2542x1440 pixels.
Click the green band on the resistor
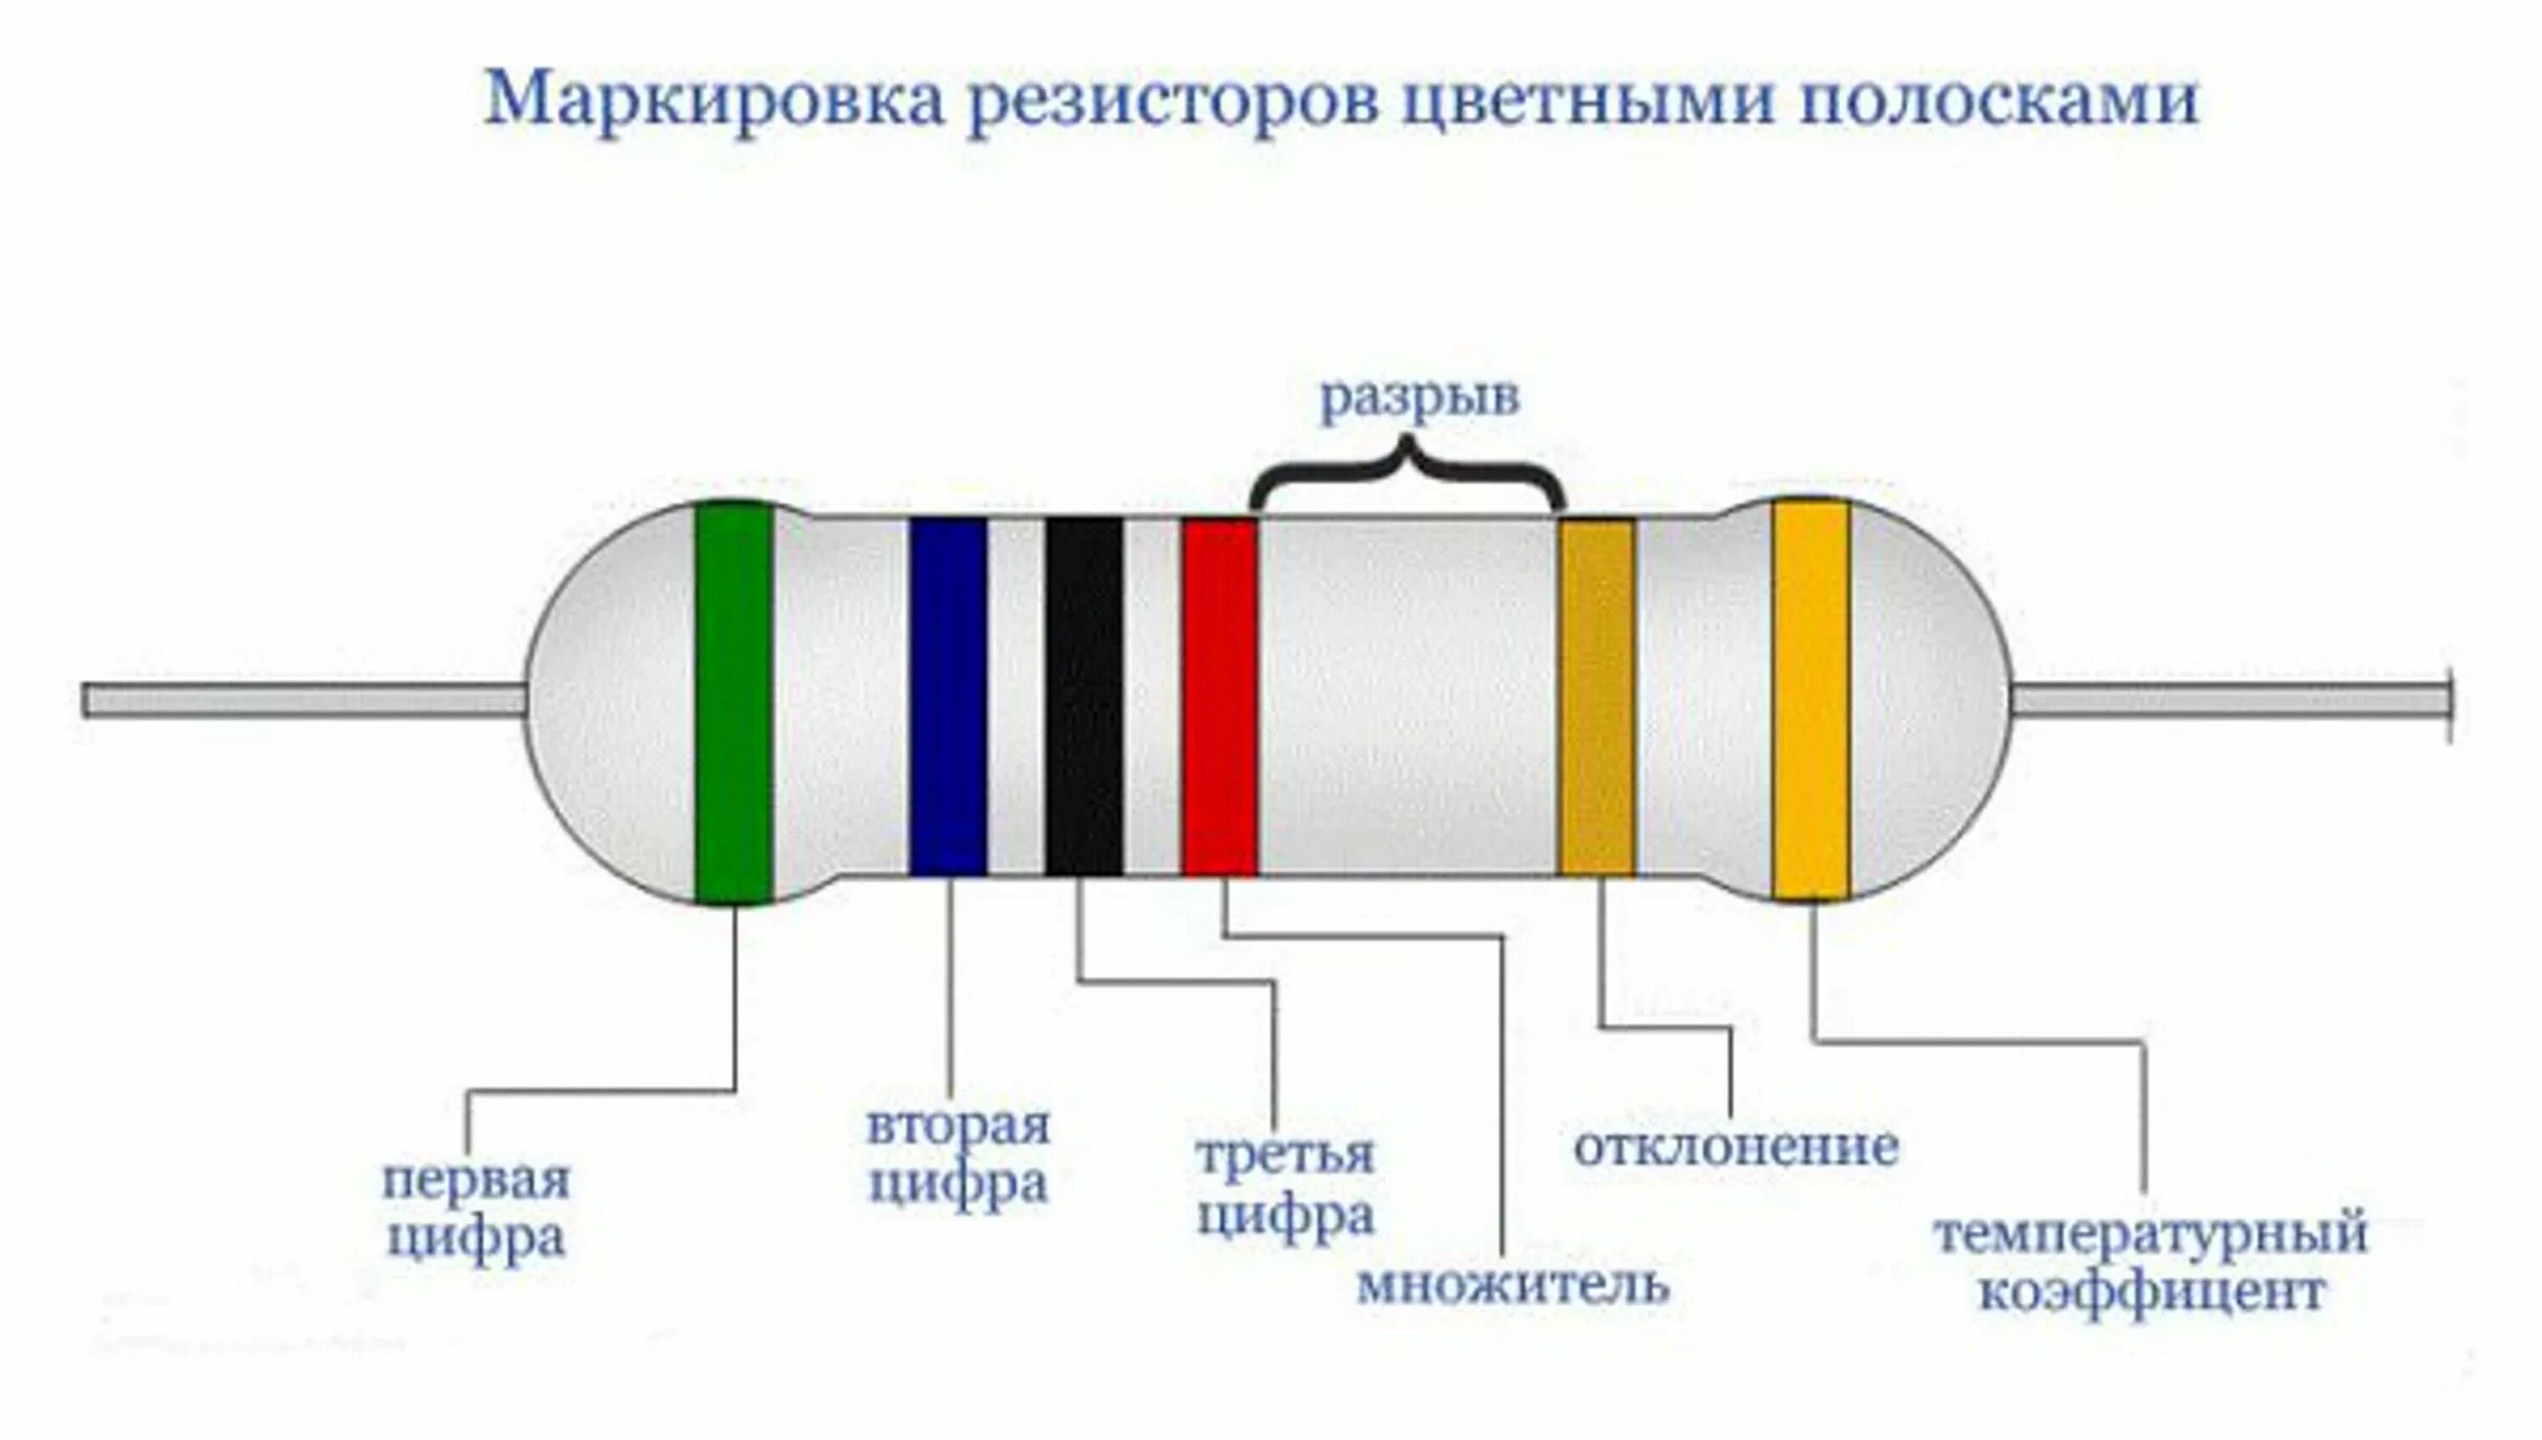pos(733,702)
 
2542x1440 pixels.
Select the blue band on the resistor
pos(947,697)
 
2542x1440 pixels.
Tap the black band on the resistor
pos(1083,697)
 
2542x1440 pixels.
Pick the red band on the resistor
pos(1218,697)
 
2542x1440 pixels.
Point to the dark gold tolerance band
pos(1596,697)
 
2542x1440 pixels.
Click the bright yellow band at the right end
pos(1810,701)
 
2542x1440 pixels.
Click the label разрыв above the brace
pos(1419,399)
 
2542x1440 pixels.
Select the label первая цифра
pos(475,1209)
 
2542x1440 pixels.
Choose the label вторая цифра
pos(957,1155)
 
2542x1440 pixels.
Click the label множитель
pos(1512,1284)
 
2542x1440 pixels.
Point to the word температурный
pos(2151,1235)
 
